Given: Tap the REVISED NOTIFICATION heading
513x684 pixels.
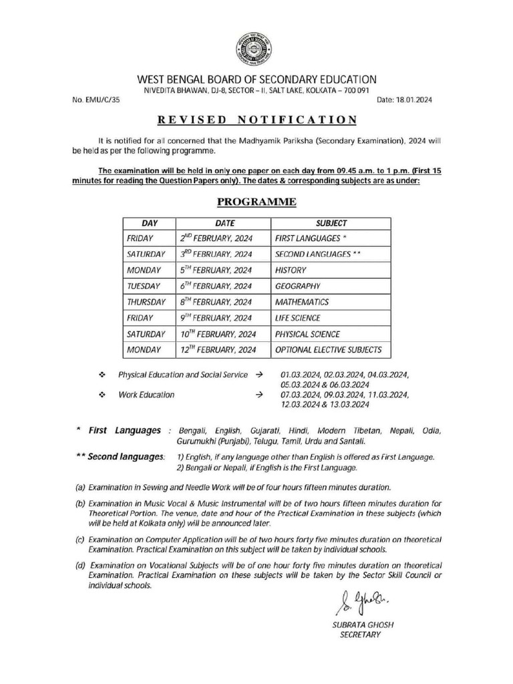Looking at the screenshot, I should click(x=256, y=120).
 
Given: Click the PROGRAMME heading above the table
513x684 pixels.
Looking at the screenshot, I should click(x=256, y=202).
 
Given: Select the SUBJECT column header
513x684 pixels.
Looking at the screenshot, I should click(x=330, y=223).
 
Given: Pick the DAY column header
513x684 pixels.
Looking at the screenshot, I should click(x=148, y=223).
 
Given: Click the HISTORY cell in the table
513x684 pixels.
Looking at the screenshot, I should click(x=291, y=270).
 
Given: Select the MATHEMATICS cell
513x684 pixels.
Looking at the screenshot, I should click(x=301, y=302).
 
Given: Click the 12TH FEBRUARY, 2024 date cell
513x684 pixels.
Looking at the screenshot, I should click(x=218, y=349).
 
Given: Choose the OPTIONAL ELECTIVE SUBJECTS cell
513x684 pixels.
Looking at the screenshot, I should click(x=328, y=349).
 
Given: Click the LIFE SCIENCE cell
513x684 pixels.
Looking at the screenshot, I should click(x=297, y=318).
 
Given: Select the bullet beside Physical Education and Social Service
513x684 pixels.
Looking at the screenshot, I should click(x=102, y=375).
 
